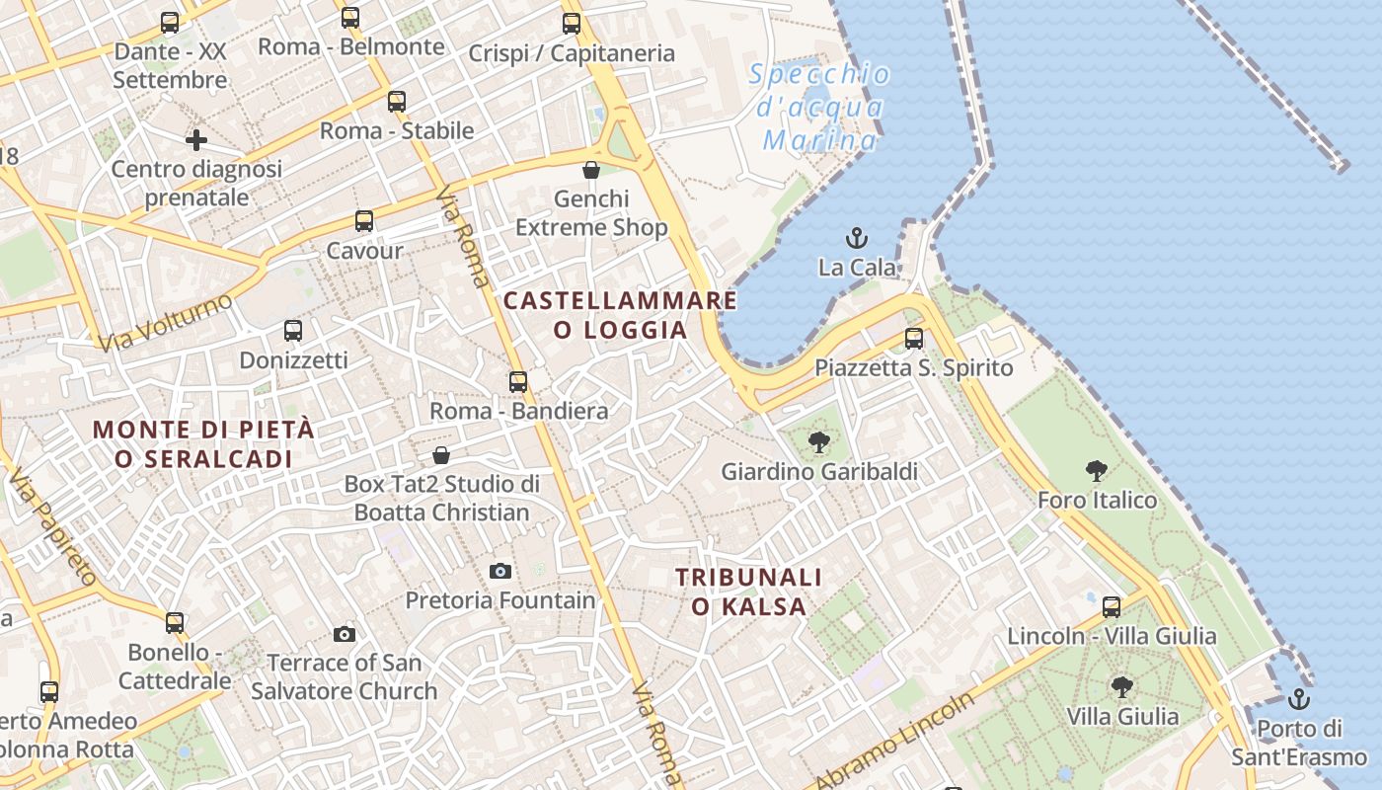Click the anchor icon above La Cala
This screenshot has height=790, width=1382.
(856, 238)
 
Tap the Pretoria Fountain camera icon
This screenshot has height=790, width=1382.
(500, 571)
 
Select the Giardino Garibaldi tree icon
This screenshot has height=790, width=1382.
(818, 442)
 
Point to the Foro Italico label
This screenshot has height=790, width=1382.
(1097, 500)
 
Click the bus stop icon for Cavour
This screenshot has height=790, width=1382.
(364, 221)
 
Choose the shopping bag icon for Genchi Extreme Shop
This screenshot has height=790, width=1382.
(591, 170)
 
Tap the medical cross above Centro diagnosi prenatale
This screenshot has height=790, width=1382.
(196, 140)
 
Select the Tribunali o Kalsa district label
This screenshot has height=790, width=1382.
(749, 592)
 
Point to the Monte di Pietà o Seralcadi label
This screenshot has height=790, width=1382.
(203, 444)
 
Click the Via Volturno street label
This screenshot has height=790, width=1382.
(166, 321)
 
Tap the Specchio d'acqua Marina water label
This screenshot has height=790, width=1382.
(819, 107)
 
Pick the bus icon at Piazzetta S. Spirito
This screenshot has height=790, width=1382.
(914, 339)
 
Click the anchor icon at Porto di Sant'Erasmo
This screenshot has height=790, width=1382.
(1299, 700)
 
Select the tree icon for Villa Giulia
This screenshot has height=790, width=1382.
(1121, 686)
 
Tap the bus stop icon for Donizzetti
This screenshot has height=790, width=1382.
(293, 331)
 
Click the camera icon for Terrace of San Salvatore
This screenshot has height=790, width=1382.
(345, 634)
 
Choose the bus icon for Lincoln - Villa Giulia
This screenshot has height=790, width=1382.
(1112, 607)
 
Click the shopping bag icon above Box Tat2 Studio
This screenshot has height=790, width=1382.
(441, 455)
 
